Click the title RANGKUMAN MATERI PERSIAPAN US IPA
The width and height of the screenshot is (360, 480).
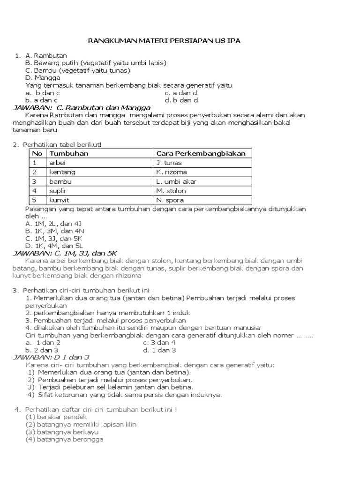click(x=164, y=41)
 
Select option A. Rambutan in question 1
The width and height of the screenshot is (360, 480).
click(x=46, y=56)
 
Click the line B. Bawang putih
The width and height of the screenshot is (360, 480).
click(x=96, y=63)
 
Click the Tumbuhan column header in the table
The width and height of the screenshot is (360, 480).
click(x=69, y=154)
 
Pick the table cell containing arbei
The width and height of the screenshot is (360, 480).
click(x=56, y=163)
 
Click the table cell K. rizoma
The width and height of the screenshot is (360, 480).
click(x=171, y=172)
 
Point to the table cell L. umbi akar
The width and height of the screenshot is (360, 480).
click(x=176, y=181)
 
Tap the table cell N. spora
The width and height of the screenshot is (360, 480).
click(x=171, y=200)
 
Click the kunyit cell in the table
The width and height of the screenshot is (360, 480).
click(x=58, y=200)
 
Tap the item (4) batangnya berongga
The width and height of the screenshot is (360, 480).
click(x=64, y=439)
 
